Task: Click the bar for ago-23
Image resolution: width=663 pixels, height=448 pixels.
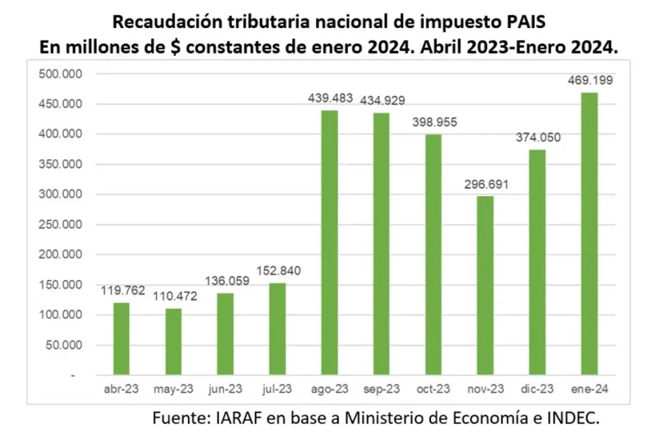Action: coord(329,243)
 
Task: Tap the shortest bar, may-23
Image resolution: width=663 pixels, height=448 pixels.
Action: coord(173,342)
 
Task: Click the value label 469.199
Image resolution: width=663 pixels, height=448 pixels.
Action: coord(589,80)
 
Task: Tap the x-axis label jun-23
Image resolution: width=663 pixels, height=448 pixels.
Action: coord(225,388)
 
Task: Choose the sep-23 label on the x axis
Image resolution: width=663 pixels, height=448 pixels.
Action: coord(381,388)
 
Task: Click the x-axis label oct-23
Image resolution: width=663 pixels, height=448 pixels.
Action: coord(433,388)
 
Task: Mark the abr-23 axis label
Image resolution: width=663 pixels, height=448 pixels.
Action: coord(121,388)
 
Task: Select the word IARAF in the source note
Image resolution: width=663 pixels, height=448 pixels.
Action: coord(238,418)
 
